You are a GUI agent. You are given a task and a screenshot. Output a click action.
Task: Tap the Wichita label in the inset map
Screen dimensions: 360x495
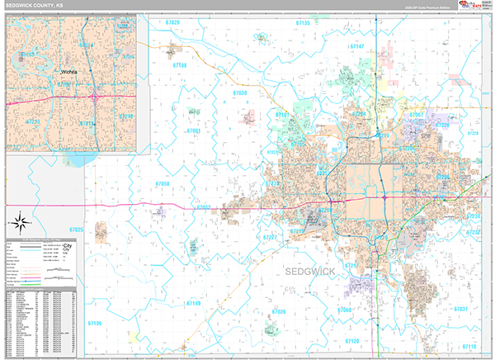pos(72,72)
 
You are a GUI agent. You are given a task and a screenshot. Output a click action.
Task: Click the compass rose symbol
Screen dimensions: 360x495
pos(19,220)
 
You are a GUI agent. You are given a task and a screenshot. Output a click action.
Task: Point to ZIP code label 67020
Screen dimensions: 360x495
pos(172,23)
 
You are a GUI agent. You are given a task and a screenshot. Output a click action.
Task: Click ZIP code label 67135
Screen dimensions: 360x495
pos(302,23)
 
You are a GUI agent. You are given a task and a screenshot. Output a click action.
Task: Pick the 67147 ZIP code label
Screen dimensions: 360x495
pos(356,47)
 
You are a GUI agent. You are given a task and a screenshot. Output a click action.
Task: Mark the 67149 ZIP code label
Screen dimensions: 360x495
pos(192,304)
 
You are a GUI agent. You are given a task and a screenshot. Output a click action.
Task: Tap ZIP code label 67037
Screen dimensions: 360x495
pos(460,309)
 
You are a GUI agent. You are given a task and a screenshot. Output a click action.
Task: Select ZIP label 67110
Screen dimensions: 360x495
pos(470,347)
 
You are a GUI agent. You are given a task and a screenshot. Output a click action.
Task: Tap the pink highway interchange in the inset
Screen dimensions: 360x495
pos(97,96)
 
